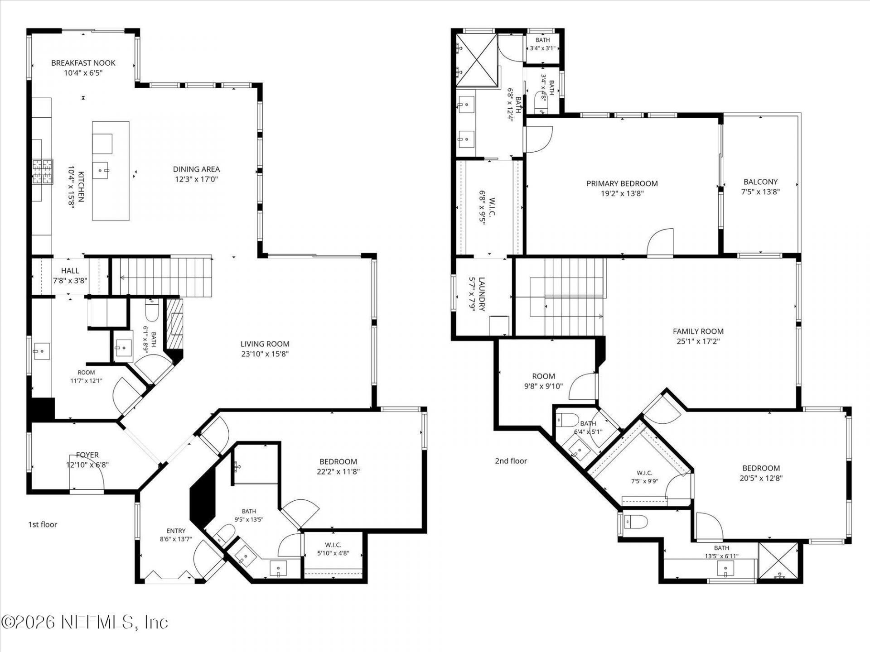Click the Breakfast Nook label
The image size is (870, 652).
click(x=83, y=63)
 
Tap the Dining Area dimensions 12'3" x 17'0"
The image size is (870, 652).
click(x=197, y=179)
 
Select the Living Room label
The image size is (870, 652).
click(x=265, y=344)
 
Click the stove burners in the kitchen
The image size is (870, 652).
click(x=42, y=172)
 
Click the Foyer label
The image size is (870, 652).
click(x=87, y=455)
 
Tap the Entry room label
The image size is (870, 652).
click(x=176, y=531)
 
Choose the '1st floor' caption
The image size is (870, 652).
click(x=43, y=525)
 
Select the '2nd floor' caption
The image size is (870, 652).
click(x=511, y=461)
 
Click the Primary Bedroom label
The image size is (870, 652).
click(x=622, y=183)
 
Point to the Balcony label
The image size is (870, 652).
click(x=760, y=182)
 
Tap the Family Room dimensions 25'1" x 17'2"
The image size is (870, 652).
click(x=698, y=341)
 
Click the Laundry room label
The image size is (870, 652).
click(x=482, y=294)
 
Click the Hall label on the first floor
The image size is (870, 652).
click(x=70, y=271)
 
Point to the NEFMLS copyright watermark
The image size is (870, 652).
click(x=85, y=623)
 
